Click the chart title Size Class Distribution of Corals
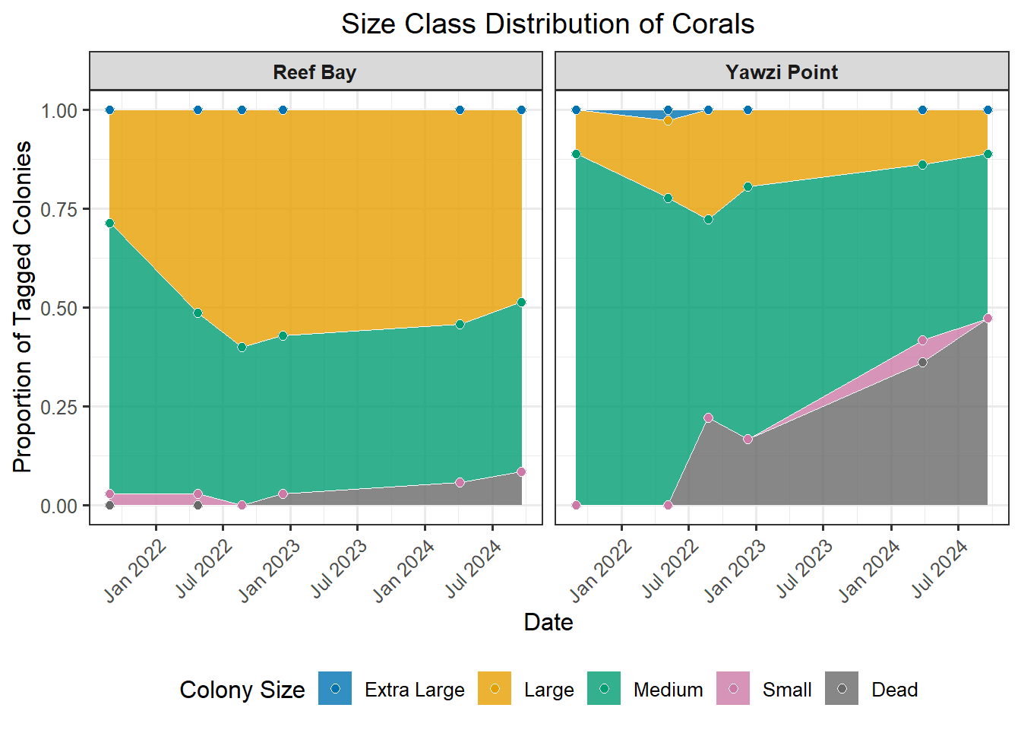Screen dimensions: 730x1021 547,24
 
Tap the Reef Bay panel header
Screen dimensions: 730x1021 315,72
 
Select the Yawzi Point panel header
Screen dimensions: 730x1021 782,72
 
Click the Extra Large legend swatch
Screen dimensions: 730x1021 335,689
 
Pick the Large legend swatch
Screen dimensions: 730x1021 495,689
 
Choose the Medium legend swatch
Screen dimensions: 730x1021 604,689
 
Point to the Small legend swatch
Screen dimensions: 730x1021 733,689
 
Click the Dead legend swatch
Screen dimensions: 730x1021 842,689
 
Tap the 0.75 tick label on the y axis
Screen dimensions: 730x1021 59,209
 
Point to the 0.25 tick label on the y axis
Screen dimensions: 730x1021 59,407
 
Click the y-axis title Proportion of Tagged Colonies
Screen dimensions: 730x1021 23,307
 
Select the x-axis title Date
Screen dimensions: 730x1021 548,623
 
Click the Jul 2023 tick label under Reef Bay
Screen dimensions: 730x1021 339,568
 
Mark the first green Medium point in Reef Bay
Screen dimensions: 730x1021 109,224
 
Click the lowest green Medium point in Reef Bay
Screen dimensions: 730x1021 242,348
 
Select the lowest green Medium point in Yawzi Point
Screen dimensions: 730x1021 709,220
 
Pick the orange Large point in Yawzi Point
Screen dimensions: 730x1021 669,120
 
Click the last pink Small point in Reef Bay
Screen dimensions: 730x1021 521,472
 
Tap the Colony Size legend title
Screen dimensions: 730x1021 242,690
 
